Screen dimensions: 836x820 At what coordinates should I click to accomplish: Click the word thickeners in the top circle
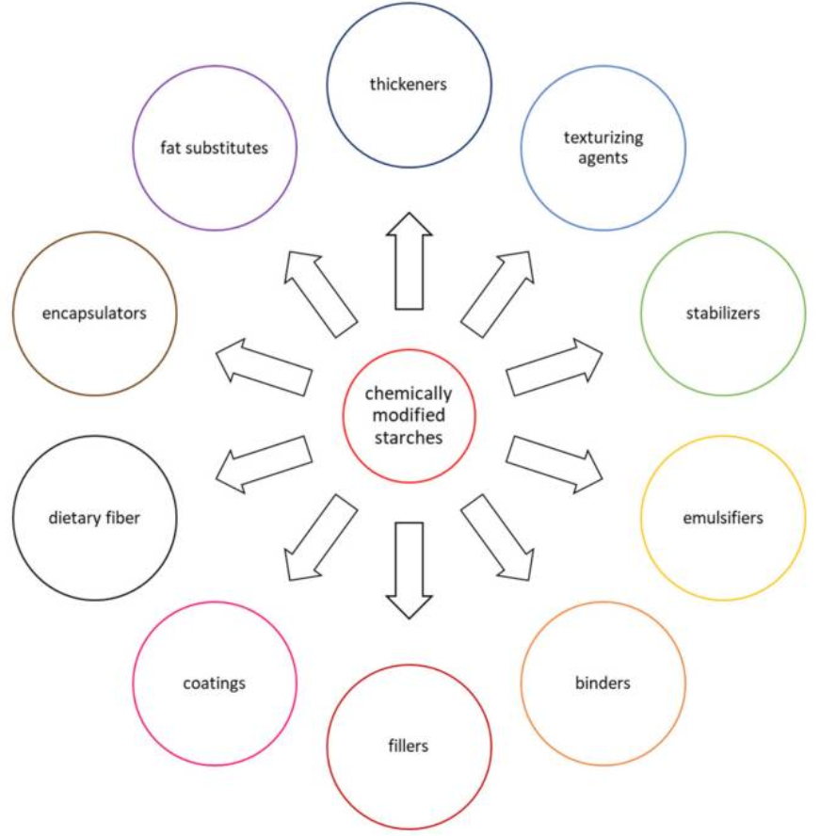tap(408, 85)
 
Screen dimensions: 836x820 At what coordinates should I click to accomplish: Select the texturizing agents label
tap(603, 148)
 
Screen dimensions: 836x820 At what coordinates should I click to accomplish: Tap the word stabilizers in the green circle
tap(722, 313)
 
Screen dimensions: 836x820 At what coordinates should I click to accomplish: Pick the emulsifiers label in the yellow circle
tap(722, 517)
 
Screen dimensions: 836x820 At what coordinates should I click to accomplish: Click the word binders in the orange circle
tap(603, 682)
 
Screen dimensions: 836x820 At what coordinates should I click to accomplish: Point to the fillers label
tap(408, 746)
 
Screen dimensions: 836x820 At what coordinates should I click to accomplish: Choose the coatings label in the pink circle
tap(214, 682)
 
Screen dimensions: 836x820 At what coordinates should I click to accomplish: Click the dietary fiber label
tap(94, 517)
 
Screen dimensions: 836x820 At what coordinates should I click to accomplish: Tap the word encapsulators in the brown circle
tap(94, 313)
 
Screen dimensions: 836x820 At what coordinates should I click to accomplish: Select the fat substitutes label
tap(214, 148)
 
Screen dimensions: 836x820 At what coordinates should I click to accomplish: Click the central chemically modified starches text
tap(408, 415)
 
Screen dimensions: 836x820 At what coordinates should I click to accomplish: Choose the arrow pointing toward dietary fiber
tap(263, 463)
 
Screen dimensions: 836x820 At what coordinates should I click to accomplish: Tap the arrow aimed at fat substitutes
tap(320, 293)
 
